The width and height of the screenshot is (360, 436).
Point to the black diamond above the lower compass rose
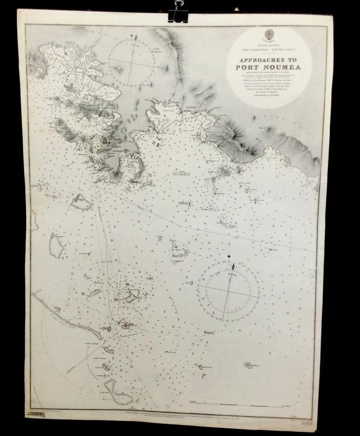pyautogui.click(x=229, y=257)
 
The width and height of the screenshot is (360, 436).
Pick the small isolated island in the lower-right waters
pyautogui.click(x=248, y=364)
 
